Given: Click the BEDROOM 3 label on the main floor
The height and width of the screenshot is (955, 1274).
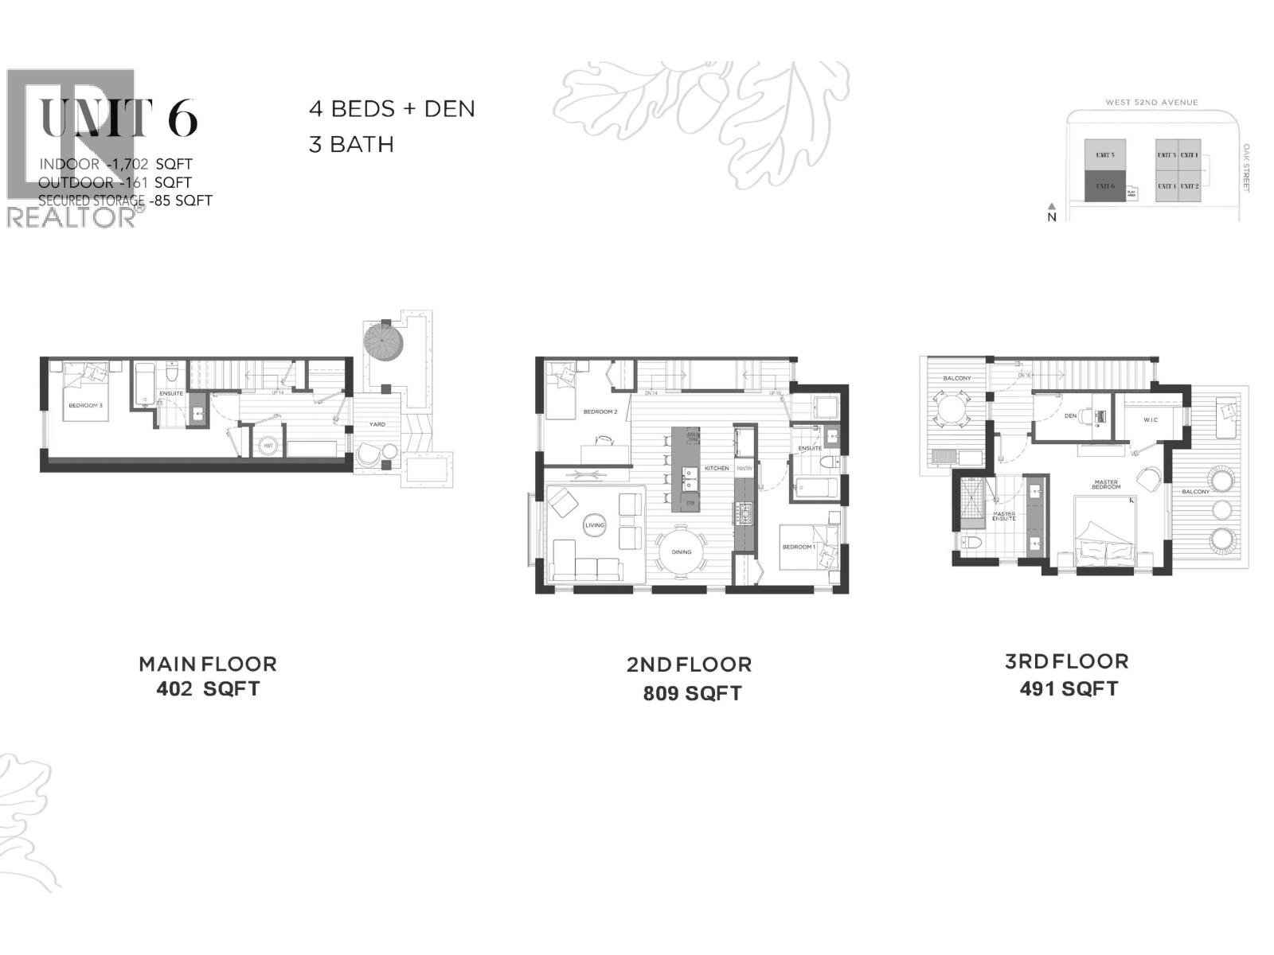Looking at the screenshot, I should [x=84, y=406].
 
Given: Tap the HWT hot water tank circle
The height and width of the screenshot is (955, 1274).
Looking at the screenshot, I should [x=268, y=446].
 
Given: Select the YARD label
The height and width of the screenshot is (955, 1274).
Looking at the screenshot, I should [x=377, y=424].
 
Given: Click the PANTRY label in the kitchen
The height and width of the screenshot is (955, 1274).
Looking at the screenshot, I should [x=744, y=469].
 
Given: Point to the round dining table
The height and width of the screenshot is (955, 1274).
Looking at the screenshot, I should [x=682, y=551].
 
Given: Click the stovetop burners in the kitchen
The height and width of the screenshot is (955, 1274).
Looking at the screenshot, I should [x=745, y=515].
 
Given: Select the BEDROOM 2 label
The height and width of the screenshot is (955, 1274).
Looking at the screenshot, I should [x=600, y=411].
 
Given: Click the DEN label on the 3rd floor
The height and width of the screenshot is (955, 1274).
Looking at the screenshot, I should [x=1070, y=415].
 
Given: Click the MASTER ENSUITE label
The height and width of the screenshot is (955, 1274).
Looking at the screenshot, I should [x=1003, y=516].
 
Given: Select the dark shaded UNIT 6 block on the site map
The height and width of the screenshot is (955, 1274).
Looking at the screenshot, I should [x=1105, y=186].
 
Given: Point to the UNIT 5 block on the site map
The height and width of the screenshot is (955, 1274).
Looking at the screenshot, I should [x=1105, y=155].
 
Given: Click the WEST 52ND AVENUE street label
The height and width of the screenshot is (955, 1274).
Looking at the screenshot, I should [x=1151, y=103].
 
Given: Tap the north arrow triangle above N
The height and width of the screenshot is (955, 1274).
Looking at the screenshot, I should [x=1050, y=205].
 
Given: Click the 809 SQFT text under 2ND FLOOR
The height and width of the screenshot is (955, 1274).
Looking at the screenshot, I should [x=692, y=694].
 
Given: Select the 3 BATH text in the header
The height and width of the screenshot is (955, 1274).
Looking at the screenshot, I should [x=351, y=145].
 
